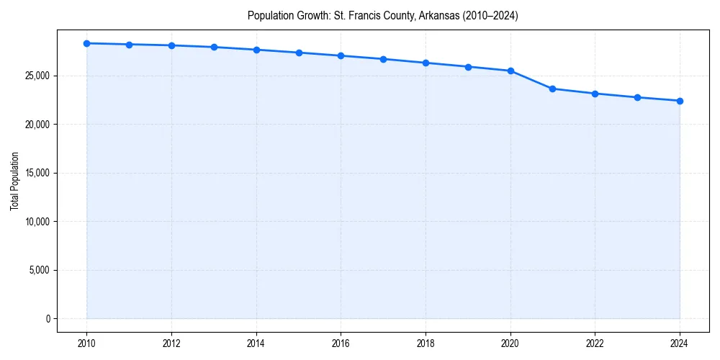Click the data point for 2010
point(86,43)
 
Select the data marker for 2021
point(552,89)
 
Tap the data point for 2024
point(680,101)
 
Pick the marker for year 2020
point(510,71)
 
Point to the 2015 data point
point(299,53)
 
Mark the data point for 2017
point(383,59)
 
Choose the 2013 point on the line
point(214,47)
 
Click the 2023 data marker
point(637,97)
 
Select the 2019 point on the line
point(468,67)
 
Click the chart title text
point(382,15)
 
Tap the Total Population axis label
point(14,181)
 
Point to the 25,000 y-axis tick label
point(37,76)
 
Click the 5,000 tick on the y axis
point(39,270)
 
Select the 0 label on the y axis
point(48,318)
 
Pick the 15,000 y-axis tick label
point(37,173)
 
